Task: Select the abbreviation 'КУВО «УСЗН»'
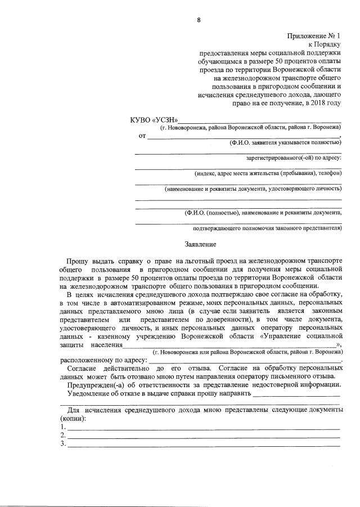[154, 120]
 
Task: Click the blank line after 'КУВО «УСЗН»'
[259, 121]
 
